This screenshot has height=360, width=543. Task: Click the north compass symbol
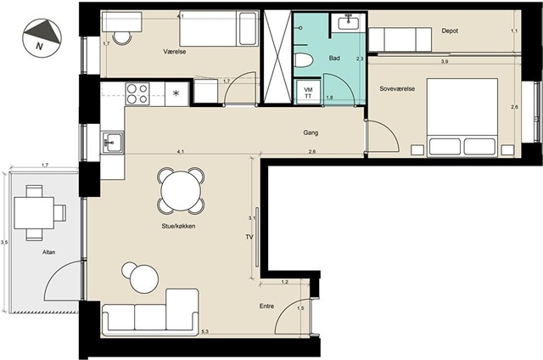(42, 37)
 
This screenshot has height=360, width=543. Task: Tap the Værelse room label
(175, 52)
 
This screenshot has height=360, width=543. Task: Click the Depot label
(450, 31)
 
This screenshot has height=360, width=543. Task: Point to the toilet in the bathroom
(304, 59)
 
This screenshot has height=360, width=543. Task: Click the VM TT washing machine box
(308, 93)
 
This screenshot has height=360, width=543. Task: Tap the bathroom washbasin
(349, 23)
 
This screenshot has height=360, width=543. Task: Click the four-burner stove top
(137, 93)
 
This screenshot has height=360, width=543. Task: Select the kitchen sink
(112, 143)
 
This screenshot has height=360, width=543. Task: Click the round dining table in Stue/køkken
(181, 191)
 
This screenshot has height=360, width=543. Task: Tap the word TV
(249, 238)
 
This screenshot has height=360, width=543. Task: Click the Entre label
(266, 307)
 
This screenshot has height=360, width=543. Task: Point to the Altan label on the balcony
(49, 252)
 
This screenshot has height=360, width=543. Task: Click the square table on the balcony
(34, 213)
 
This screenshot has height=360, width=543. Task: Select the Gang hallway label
(311, 132)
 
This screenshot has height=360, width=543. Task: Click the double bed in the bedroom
(462, 117)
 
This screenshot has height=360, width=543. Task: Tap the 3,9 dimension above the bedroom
(445, 62)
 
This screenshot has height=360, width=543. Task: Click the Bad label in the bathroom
(334, 59)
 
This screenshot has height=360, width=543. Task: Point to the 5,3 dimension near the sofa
(204, 332)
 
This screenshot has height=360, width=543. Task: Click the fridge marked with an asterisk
(176, 93)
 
